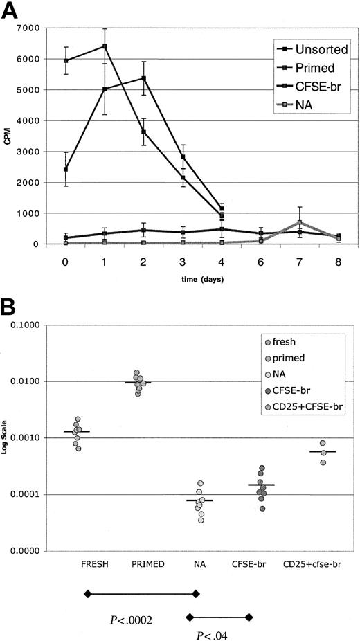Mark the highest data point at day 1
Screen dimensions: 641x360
pyautogui.click(x=85, y=46)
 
